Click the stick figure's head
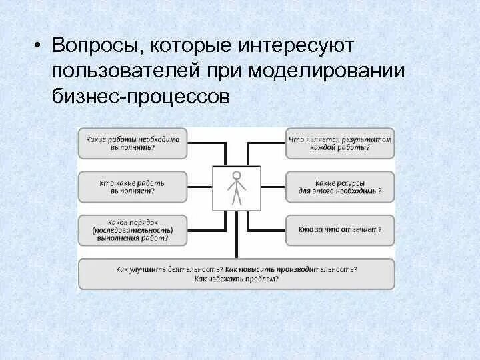coord(236,177)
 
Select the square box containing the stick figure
coord(236,189)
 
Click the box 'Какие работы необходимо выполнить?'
coord(133,143)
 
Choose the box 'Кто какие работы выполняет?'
coord(133,187)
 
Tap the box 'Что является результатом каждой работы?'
coord(340,143)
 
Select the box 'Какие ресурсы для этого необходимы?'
coord(340,187)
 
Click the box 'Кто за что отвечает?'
coord(340,230)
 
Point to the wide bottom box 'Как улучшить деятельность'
coord(236,273)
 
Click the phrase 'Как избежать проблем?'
coord(236,279)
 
